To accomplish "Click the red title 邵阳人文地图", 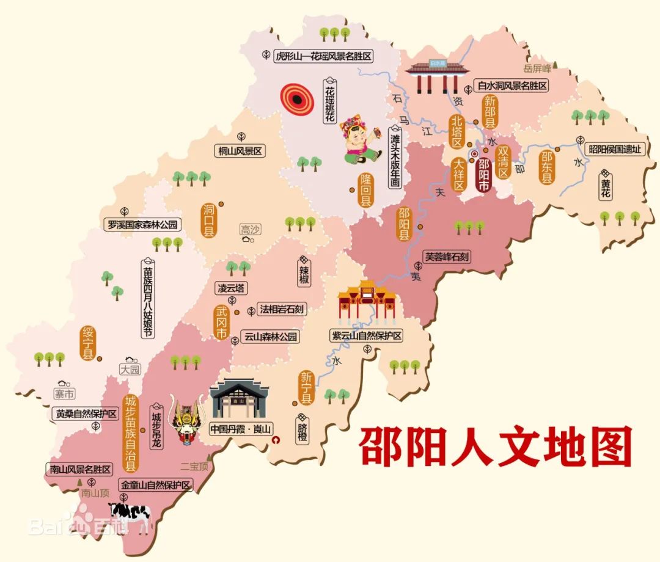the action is click(495, 447).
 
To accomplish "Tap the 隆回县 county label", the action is click(365, 189).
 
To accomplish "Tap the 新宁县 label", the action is click(306, 388).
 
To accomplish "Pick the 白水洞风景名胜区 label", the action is click(512, 86).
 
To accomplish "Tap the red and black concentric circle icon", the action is click(297, 99).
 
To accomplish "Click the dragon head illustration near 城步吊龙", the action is click(188, 420).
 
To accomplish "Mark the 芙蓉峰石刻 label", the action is click(447, 257).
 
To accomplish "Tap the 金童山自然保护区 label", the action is click(156, 486).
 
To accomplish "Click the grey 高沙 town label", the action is click(250, 230).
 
